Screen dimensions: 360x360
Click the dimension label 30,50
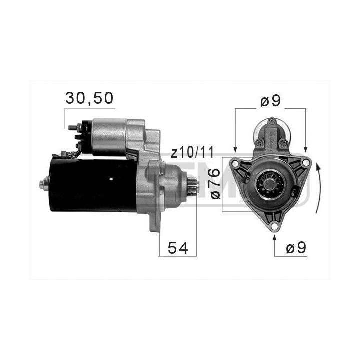pos(90,98)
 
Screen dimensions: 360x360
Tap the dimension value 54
pos(178,247)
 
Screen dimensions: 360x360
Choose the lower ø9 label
pos(296,248)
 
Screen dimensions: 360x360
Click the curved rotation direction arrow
pos(316,187)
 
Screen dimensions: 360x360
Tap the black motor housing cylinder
pos(92,182)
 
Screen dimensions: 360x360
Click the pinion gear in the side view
pos(192,186)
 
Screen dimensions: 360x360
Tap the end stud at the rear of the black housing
pos(42,184)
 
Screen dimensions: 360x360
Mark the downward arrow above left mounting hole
pos(235,148)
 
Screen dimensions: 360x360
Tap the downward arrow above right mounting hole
pos(305,148)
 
